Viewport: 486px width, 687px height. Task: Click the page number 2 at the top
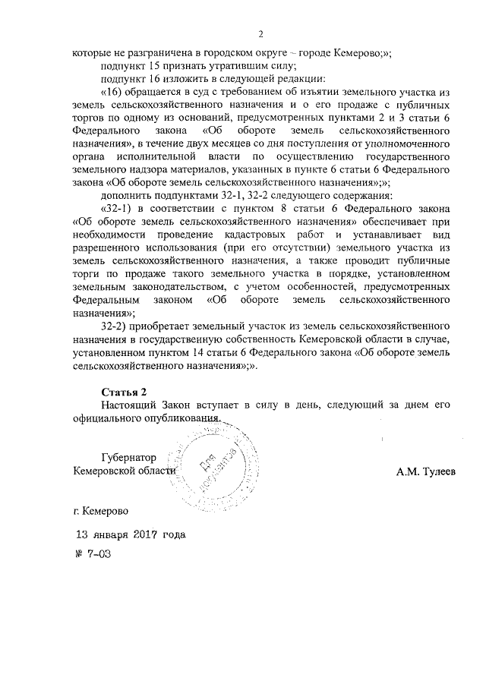click(x=260, y=34)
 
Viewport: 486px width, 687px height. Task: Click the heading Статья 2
click(x=122, y=392)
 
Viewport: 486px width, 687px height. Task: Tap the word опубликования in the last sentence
click(x=181, y=418)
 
